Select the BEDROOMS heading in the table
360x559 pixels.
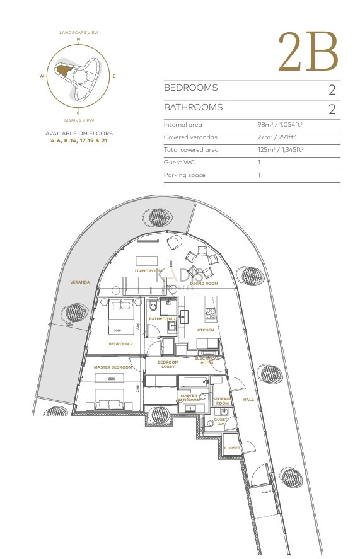190,88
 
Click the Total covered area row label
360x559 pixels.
191,150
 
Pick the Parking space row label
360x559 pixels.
184,175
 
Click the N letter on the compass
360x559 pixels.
79,40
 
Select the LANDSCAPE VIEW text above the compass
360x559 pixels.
79,32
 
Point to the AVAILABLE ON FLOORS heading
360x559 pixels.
79,134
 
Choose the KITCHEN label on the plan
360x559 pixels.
205,330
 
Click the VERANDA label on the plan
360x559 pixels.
80,282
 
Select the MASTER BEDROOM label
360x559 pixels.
113,367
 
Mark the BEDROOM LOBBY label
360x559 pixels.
168,364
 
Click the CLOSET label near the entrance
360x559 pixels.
232,448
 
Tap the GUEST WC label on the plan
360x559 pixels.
221,422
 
